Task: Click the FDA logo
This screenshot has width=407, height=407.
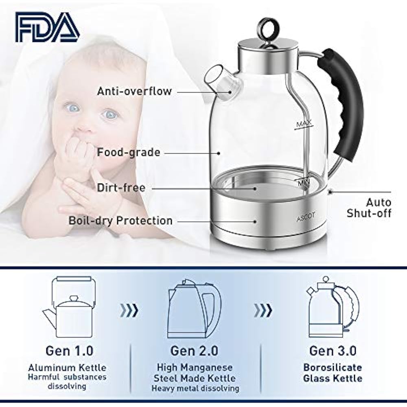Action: coord(47,27)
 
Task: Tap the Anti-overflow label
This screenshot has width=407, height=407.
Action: coord(134,91)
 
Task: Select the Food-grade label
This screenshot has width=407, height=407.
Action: coord(128,153)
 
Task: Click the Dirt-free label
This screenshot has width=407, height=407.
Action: coord(121,188)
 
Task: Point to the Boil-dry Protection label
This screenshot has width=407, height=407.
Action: coord(120,221)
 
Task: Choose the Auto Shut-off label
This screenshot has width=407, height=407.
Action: coord(369,208)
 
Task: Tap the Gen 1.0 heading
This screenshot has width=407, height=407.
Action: coord(69,350)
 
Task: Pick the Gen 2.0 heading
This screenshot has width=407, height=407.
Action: coord(194,350)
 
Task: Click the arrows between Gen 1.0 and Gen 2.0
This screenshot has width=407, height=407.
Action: coord(129,311)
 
